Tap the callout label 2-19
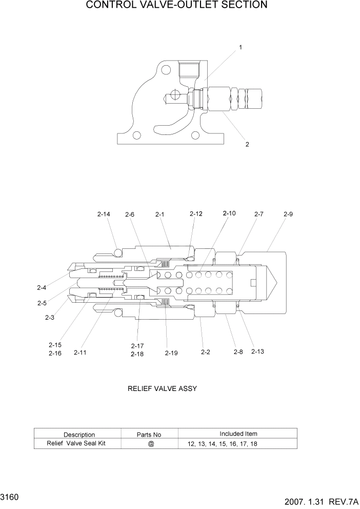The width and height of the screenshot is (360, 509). pos(171,353)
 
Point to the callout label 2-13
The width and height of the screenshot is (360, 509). pos(257,351)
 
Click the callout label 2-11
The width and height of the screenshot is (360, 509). pos(81,353)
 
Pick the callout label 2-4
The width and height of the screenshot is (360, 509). pos(42,287)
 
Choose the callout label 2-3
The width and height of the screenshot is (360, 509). pos(50,318)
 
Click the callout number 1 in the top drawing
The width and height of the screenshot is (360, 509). pos(241,47)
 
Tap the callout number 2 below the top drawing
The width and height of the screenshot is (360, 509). pos(247,144)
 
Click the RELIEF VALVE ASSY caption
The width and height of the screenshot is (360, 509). pos(162,388)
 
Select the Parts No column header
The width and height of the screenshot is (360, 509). pos(149,435)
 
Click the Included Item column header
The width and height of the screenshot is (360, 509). pos(238,434)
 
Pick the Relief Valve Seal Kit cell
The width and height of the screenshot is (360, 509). pos(76,443)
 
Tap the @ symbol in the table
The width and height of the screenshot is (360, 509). pos(151,444)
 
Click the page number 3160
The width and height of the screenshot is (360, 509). pos(10,498)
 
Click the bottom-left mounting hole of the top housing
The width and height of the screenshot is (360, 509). pos(137,135)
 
